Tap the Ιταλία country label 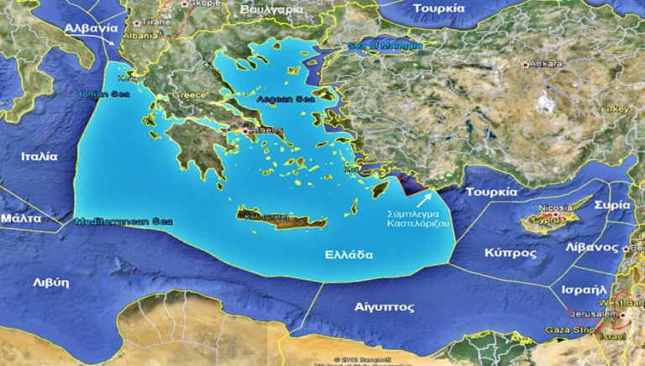pyautogui.click(x=39, y=156)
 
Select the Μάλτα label pyautogui.click(x=21, y=217)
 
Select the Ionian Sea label pyautogui.click(x=99, y=94)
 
